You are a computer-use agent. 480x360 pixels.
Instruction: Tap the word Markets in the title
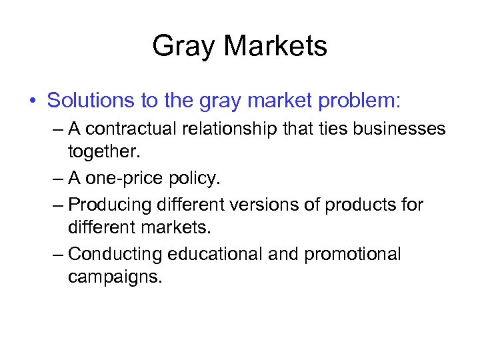click(x=275, y=47)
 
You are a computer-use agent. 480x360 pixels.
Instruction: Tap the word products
click(x=358, y=204)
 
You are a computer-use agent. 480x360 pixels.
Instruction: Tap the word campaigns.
click(x=115, y=277)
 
